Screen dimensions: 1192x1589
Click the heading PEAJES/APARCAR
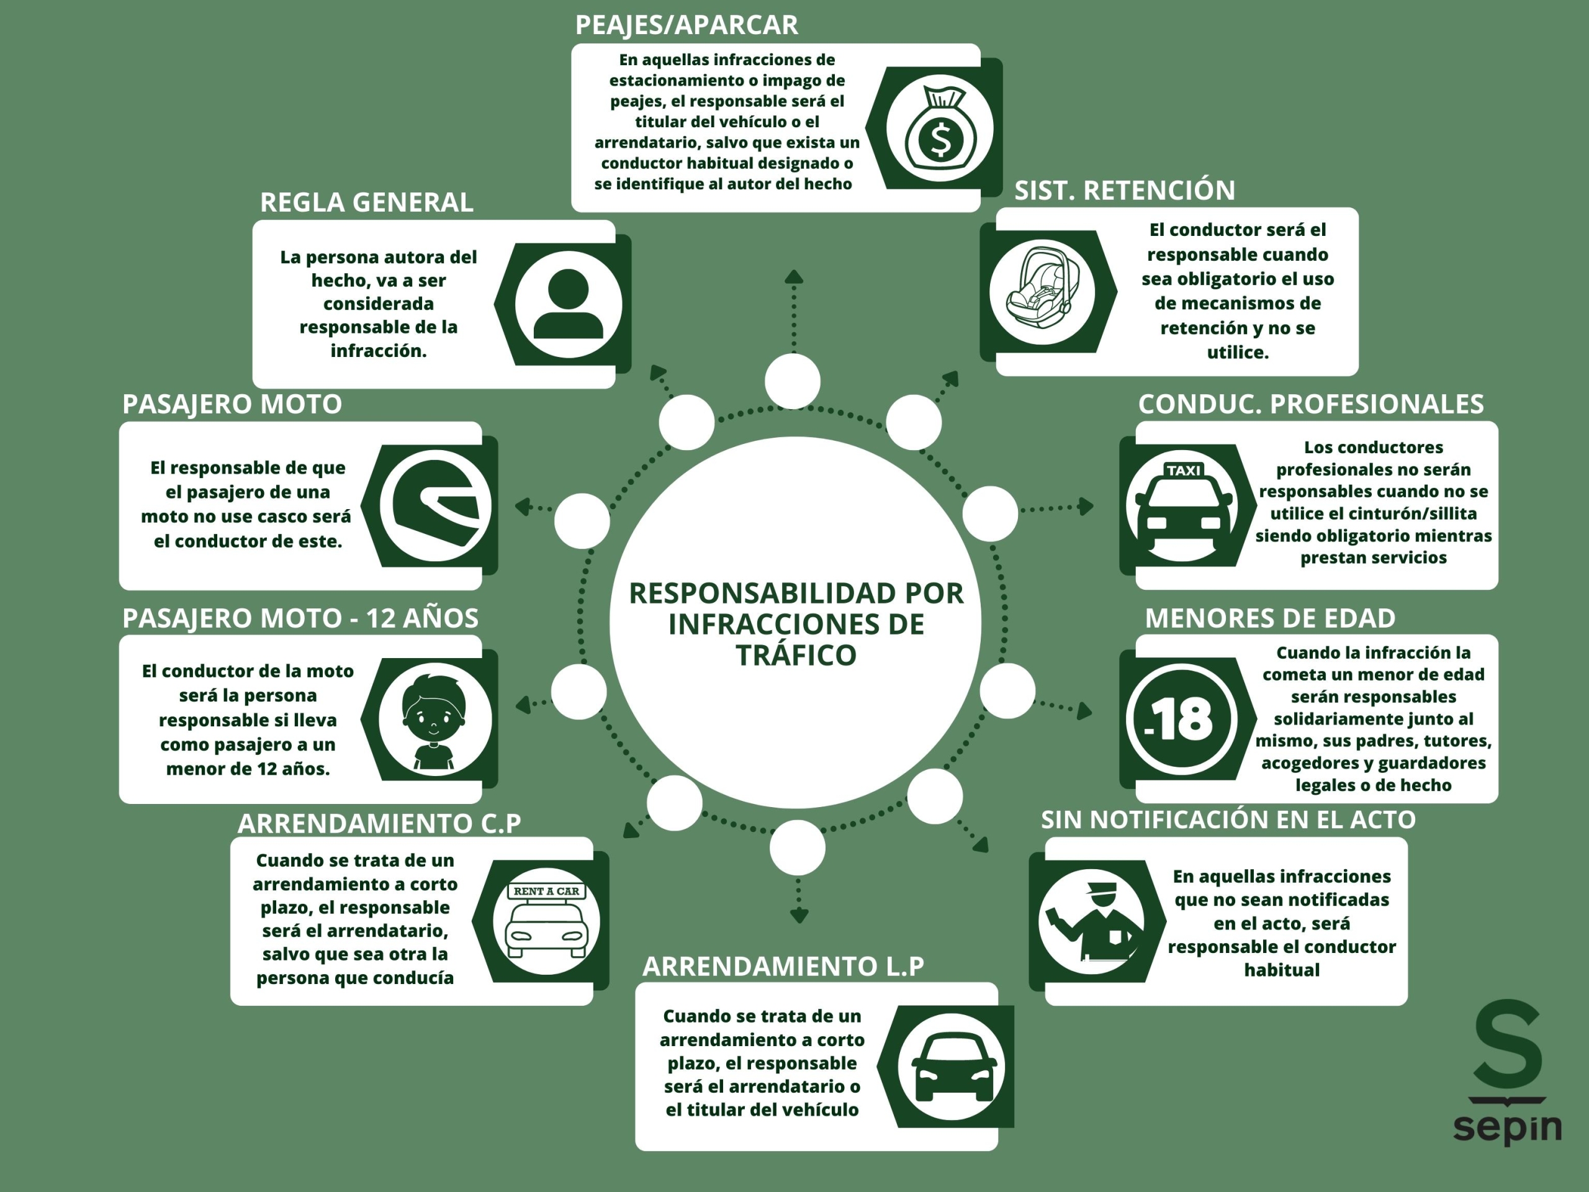[x=686, y=25]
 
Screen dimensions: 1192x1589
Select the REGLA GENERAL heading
[x=366, y=202]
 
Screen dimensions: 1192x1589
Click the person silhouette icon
[x=568, y=304]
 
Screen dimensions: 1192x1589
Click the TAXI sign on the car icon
[x=1183, y=471]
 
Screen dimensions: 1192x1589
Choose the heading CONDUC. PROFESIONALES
[x=1311, y=405]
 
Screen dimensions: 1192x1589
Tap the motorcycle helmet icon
[x=435, y=507]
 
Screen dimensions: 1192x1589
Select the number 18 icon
[x=1181, y=718]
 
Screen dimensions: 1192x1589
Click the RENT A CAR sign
[x=547, y=892]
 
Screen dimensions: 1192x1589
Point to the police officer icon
[x=1092, y=922]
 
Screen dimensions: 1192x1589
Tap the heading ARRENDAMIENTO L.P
[x=783, y=967]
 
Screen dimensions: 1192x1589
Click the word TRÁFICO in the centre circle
[x=796, y=655]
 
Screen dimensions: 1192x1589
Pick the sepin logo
[x=1507, y=1075]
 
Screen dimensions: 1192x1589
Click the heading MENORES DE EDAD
[x=1270, y=618]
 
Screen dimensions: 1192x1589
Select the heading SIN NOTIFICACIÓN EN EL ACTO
[x=1228, y=820]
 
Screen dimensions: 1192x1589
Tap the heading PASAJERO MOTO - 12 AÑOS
[x=300, y=618]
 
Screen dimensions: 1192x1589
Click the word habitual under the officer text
[x=1282, y=970]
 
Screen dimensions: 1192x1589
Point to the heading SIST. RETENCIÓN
[x=1124, y=191]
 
